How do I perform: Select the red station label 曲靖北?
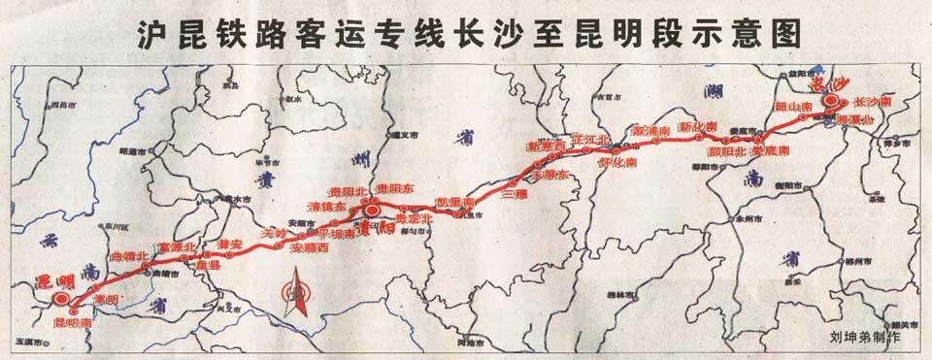130,256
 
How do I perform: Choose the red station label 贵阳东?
397,189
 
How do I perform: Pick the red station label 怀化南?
618,162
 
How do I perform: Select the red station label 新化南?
697,127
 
